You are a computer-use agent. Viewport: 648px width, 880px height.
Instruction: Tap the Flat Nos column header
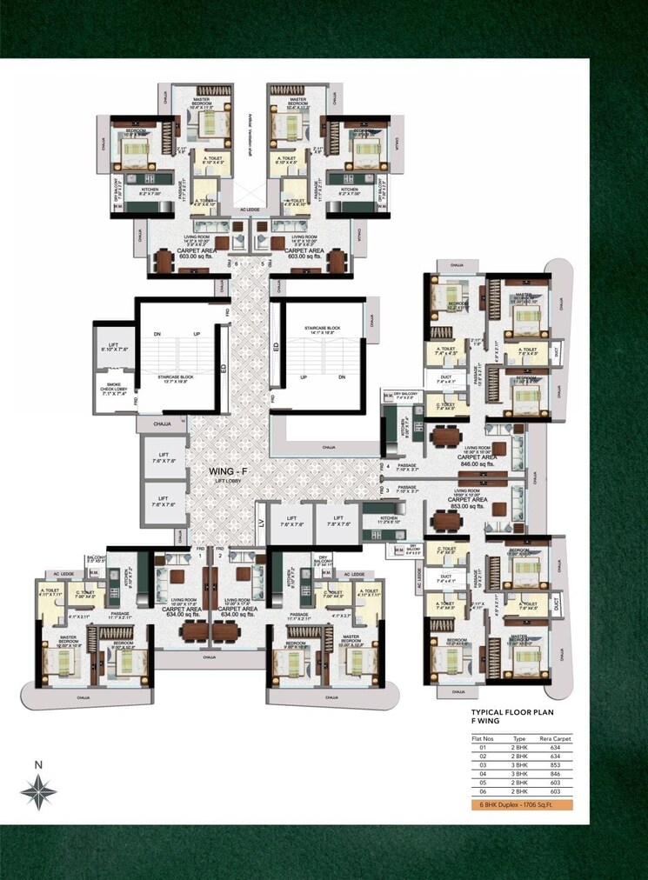tap(483, 737)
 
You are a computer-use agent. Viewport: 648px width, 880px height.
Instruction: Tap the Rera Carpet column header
tap(554, 737)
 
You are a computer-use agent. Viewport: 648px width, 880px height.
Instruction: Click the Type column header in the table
tap(519, 737)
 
